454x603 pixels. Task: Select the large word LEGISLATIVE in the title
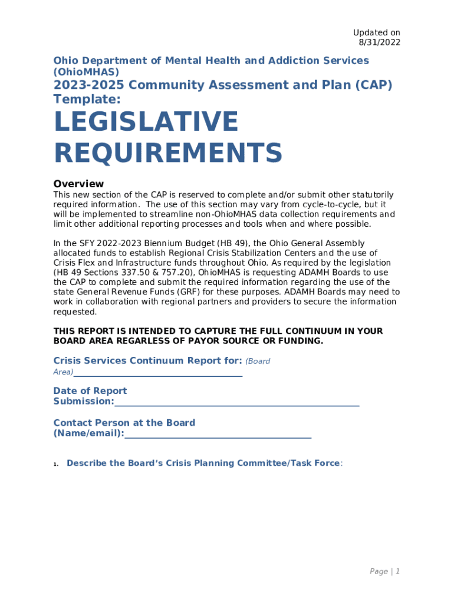(146, 122)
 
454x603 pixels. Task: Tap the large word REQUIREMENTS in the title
(168, 153)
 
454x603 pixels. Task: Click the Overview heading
(78, 184)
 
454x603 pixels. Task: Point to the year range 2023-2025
(88, 85)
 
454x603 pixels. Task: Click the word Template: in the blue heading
(87, 100)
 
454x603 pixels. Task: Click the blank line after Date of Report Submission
(236, 402)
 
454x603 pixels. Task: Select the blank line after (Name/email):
(218, 433)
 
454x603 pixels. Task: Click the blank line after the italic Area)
(158, 372)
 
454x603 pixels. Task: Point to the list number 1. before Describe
(56, 464)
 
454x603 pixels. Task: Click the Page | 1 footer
(384, 571)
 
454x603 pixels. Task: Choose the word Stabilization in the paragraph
(242, 253)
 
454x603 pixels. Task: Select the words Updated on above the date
(376, 32)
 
